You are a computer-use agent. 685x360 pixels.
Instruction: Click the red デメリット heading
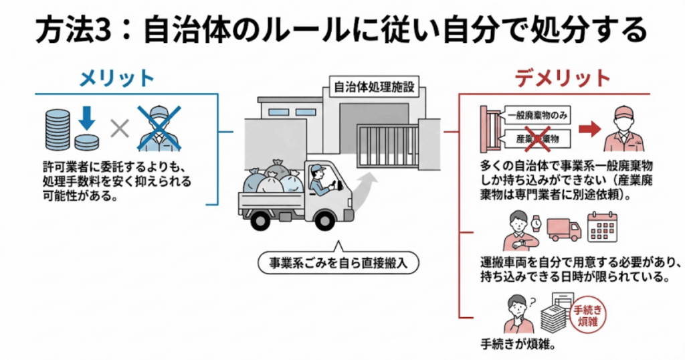(563, 78)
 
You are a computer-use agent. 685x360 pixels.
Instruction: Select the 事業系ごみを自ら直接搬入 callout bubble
(338, 263)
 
